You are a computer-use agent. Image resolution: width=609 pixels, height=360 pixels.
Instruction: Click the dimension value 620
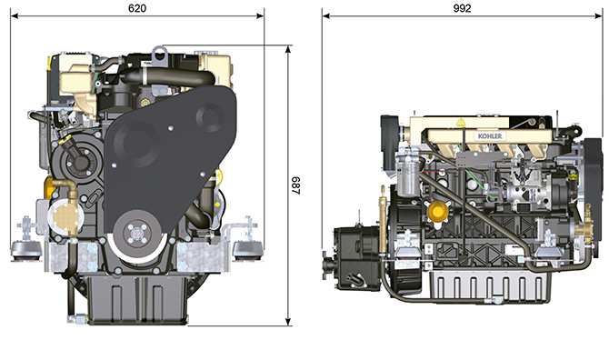(137, 8)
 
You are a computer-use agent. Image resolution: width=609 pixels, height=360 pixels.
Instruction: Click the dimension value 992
(462, 8)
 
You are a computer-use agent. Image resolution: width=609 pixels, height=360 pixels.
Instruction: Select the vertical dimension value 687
(296, 185)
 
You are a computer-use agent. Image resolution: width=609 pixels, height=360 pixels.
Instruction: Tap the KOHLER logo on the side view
(490, 136)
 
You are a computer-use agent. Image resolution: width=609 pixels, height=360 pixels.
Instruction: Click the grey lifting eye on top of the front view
(159, 54)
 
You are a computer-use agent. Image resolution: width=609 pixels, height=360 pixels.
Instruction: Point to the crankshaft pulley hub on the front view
(136, 234)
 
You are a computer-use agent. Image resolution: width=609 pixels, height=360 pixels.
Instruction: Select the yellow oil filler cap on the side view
(438, 212)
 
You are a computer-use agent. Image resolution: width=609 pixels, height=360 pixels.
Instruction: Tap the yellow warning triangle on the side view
(460, 123)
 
